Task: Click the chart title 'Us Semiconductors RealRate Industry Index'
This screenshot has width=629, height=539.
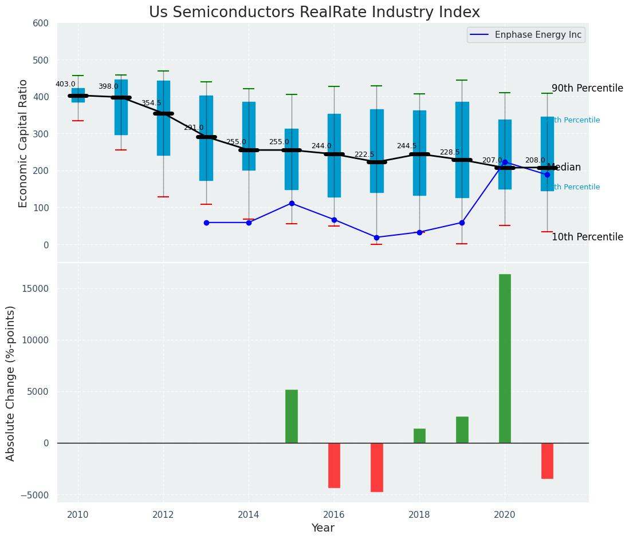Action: [x=314, y=13]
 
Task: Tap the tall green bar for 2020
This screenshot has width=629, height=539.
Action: [x=505, y=358]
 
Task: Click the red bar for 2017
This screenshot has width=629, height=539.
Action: [x=376, y=467]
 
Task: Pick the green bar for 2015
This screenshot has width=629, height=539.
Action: [x=292, y=416]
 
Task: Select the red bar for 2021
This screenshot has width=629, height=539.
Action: [x=547, y=461]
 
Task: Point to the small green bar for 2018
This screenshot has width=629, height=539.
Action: [x=419, y=435]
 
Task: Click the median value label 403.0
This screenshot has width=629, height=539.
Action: [x=65, y=84]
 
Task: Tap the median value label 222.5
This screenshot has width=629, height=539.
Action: [x=364, y=154]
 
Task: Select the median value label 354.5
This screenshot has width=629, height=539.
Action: [x=151, y=103]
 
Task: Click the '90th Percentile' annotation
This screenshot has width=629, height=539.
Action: [x=587, y=88]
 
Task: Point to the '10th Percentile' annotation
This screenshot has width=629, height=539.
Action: [x=587, y=237]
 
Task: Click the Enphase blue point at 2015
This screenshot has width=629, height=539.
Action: [x=292, y=203]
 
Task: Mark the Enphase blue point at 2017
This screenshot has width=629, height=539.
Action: [x=376, y=237]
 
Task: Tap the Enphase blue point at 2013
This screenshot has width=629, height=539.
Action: [x=206, y=223]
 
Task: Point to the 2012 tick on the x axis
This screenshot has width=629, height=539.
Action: [x=163, y=514]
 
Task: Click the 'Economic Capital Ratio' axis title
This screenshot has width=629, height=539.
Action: [x=23, y=143]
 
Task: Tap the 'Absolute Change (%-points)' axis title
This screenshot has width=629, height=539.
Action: [x=11, y=383]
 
